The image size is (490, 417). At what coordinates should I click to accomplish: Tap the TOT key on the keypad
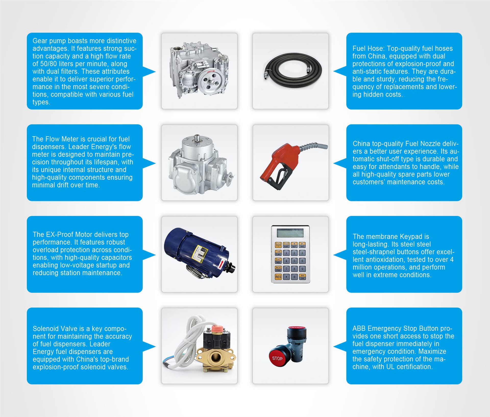[278, 245]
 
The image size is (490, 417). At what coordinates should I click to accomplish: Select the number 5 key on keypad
[294, 261]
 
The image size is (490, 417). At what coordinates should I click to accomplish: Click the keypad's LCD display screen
[290, 233]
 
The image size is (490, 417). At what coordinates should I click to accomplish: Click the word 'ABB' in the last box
[359, 328]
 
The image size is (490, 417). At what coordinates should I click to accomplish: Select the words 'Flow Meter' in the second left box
[62, 139]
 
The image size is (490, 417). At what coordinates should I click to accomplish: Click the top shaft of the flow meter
[197, 138]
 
